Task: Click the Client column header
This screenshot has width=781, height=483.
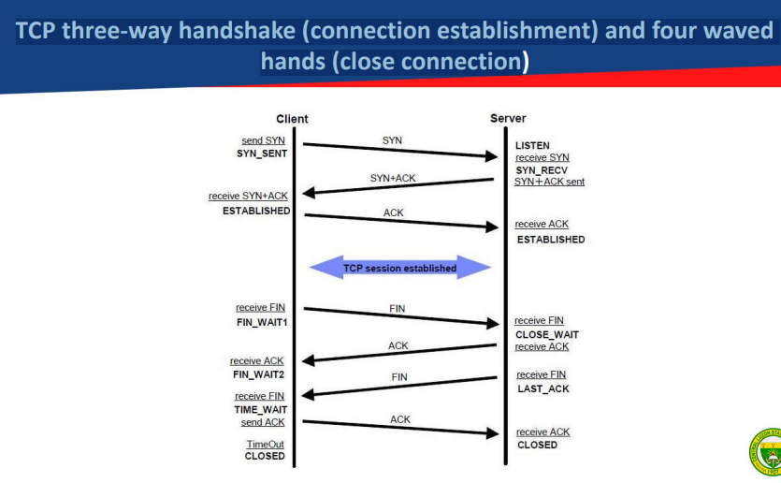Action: point(292,119)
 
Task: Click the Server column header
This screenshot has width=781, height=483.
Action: point(508,119)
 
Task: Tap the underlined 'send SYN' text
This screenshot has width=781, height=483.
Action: point(264,140)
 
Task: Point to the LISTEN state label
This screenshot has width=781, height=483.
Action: point(532,146)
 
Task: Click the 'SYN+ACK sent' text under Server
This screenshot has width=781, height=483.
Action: point(550,182)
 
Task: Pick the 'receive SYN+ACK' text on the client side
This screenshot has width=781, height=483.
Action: point(248,196)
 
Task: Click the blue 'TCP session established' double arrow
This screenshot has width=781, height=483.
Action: point(400,269)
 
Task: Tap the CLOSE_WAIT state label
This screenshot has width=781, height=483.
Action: point(547,334)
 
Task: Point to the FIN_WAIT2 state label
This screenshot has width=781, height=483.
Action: point(258,374)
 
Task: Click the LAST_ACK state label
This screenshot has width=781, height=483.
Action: point(542,388)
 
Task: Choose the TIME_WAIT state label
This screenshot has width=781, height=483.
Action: point(260,410)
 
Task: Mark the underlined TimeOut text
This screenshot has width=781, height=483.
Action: point(265,445)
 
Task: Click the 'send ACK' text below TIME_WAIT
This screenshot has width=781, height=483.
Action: point(263,422)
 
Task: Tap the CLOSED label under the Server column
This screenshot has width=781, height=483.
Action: point(537,445)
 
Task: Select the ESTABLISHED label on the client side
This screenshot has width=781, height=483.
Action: point(256,211)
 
